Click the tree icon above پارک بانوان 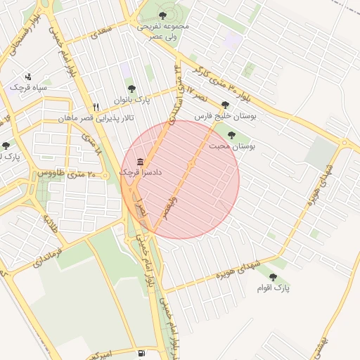[131, 89]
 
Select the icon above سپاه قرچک [28, 77]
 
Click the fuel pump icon [143, 353]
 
